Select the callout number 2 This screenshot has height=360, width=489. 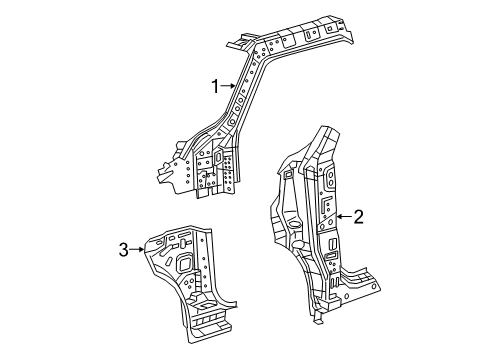coord(358,215)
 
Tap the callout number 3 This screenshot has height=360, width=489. coord(123,250)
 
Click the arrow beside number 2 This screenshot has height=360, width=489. coord(340,215)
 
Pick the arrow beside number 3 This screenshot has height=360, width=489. coord(139,250)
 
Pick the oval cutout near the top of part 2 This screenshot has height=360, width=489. coord(327,180)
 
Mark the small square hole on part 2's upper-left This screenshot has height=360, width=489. coord(288,175)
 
